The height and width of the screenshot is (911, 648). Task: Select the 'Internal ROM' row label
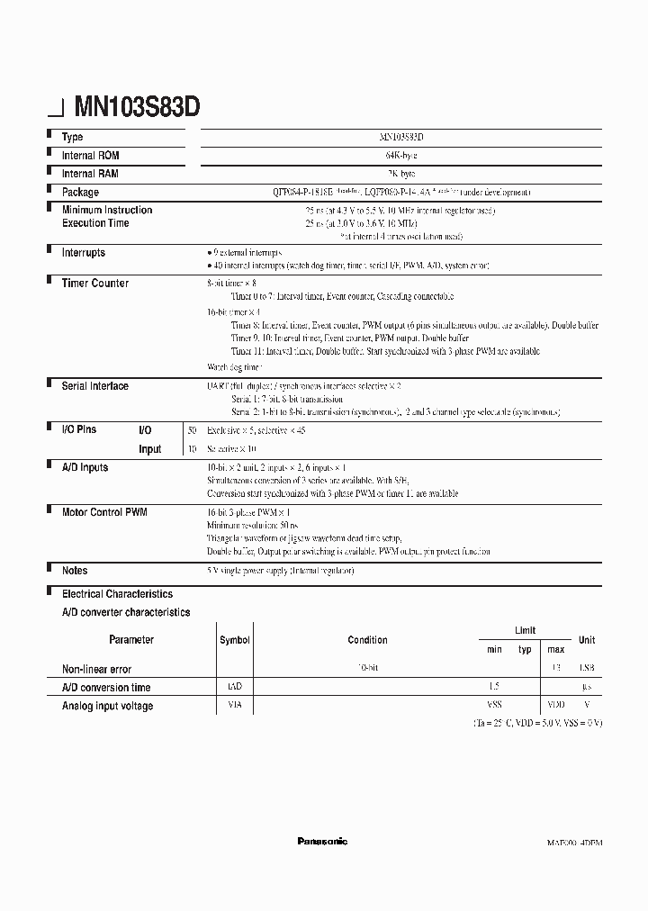[x=90, y=156]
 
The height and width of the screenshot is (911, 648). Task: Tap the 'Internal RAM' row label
[x=90, y=174]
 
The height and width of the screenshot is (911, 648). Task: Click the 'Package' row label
[x=80, y=192]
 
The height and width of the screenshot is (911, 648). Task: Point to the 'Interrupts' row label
[x=83, y=253]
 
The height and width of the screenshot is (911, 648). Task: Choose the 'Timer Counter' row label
[x=94, y=283]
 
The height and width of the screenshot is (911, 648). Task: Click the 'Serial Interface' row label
[x=94, y=386]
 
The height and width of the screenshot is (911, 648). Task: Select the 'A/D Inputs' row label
[x=85, y=467]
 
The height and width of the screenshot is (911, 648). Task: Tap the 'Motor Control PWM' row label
[x=103, y=511]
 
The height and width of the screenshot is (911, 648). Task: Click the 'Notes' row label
[x=75, y=571]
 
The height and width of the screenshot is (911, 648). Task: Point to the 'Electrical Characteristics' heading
[x=117, y=594]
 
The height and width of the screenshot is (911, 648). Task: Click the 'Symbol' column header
[x=234, y=640]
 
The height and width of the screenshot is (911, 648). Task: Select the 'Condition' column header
[x=367, y=640]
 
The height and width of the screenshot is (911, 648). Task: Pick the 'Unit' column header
[x=586, y=640]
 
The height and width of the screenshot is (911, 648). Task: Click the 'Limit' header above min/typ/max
[x=525, y=631]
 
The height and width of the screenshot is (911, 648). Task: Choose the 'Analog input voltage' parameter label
[x=107, y=706]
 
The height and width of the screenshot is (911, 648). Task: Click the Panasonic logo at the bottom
[x=322, y=842]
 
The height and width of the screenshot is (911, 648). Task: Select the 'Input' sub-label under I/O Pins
[x=150, y=449]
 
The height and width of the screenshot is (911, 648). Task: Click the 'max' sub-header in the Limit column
[x=555, y=649]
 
